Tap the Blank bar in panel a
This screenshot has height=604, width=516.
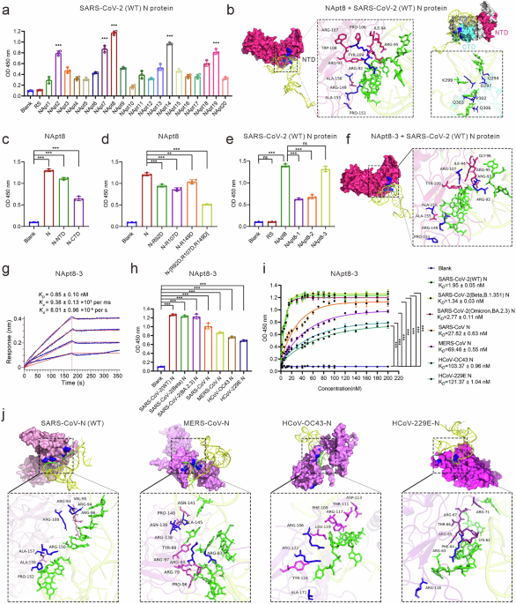31,90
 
